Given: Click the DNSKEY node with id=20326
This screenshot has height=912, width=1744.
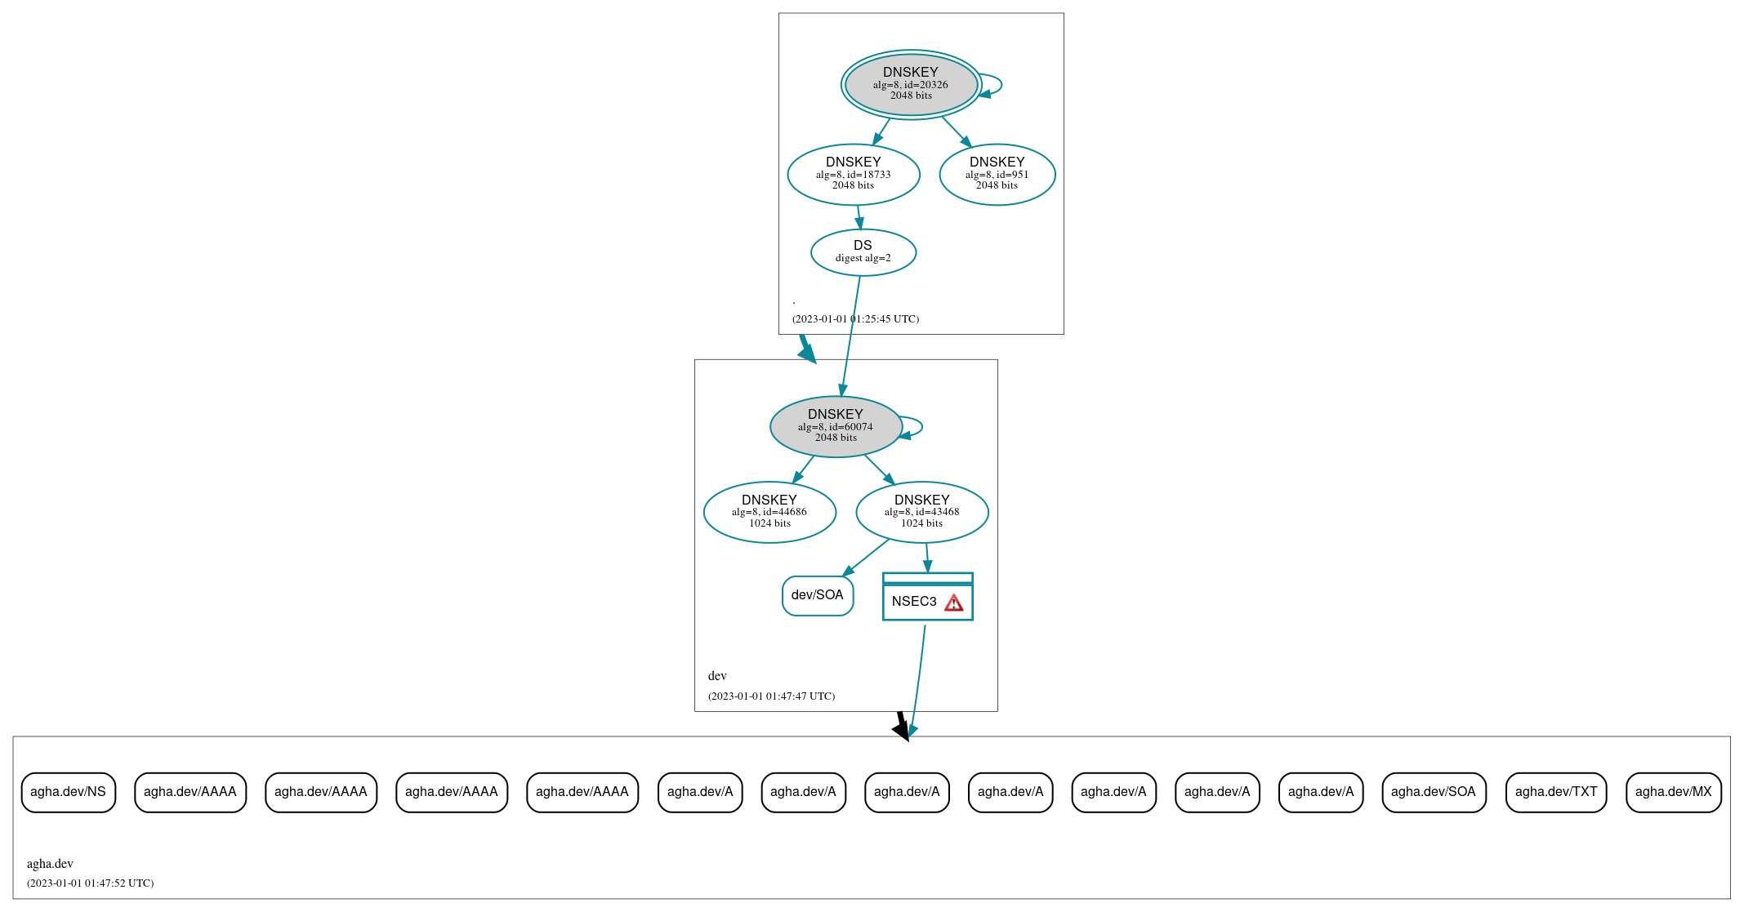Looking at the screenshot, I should (911, 84).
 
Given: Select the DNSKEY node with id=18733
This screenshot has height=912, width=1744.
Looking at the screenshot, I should (853, 174).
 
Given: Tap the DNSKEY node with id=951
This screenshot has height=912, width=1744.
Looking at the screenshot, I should (997, 174).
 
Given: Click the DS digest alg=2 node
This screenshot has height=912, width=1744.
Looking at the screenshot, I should (863, 251).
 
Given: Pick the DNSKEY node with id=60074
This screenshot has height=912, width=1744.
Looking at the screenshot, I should (835, 426).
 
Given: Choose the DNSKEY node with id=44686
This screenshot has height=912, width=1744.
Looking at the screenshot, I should (769, 512).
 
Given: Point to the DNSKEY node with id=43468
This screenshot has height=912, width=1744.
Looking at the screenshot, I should (921, 512).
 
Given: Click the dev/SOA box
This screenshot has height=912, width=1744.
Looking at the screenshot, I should (817, 595).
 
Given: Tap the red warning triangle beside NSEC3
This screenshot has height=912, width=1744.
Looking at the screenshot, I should (953, 603).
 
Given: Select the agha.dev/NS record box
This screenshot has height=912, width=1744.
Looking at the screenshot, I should (68, 792).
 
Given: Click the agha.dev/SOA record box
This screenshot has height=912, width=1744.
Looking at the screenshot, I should (1433, 792).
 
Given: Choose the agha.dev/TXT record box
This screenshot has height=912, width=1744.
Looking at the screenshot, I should (1555, 792).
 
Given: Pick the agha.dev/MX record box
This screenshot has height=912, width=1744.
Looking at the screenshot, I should (1673, 792).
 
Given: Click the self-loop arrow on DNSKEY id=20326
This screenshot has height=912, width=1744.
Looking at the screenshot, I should (1001, 84).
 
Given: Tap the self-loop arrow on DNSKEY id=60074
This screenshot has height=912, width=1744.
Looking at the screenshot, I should (921, 426).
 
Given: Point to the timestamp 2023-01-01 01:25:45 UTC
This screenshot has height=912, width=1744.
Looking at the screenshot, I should (855, 319).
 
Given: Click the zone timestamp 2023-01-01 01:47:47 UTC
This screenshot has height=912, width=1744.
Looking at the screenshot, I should (771, 696).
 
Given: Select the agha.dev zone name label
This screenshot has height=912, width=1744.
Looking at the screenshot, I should (50, 864).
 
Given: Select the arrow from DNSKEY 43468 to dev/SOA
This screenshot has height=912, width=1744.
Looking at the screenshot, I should (866, 558).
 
